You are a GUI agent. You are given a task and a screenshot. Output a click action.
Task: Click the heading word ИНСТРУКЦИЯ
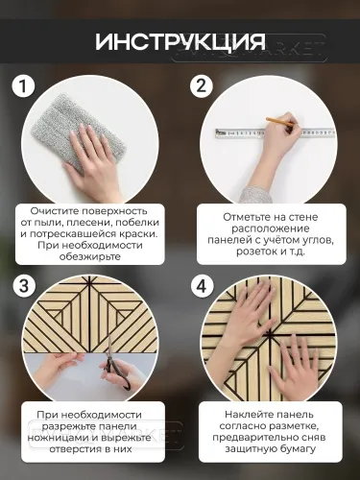[180, 42]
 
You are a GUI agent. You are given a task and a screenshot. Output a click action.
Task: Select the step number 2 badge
[201, 87]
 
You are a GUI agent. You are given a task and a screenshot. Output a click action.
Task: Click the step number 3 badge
[25, 286]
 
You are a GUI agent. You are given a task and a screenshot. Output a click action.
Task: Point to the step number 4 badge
[201, 286]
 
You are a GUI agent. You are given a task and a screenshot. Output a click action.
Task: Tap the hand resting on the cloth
[104, 154]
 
